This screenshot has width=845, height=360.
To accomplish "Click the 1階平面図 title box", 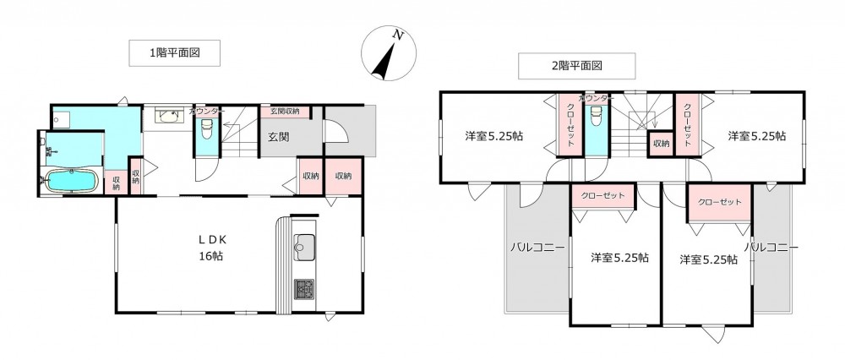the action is pos(174,52).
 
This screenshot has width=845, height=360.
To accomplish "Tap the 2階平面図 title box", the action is pos(576,66).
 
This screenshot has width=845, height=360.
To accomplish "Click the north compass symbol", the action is pos(389,54).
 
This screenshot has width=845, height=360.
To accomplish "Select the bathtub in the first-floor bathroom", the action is pos(72,179).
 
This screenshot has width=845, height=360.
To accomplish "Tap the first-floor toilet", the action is pos(207,129).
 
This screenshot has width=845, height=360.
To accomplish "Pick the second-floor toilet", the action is pos(596,115).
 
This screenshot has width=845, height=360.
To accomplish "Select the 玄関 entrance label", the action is pos(279,137).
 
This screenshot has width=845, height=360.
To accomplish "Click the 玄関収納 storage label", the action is pos(285,112).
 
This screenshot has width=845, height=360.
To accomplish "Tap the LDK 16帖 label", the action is pos(210,248).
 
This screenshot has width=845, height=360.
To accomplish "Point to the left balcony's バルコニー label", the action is pos(537,248).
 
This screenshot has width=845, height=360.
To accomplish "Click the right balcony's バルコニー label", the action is pos(771,248).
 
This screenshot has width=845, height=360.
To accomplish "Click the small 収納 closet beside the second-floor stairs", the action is pos(662,144).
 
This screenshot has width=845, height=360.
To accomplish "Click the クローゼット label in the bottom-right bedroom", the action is pos(719,203).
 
